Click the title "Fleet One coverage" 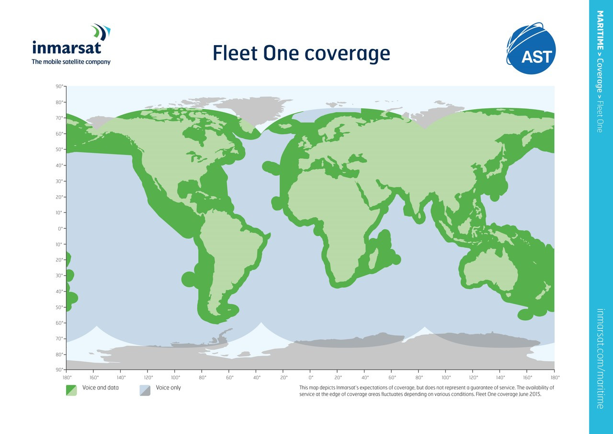coord(301,53)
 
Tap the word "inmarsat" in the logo coord(67,48)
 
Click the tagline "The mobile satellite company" coord(71,62)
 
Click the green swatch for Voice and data coord(71,390)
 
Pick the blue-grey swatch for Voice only coord(145,390)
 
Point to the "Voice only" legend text coord(169,387)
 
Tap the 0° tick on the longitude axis coord(310,377)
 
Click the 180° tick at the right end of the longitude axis coord(555,377)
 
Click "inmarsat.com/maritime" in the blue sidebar coord(600,358)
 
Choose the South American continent coord(225,254)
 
